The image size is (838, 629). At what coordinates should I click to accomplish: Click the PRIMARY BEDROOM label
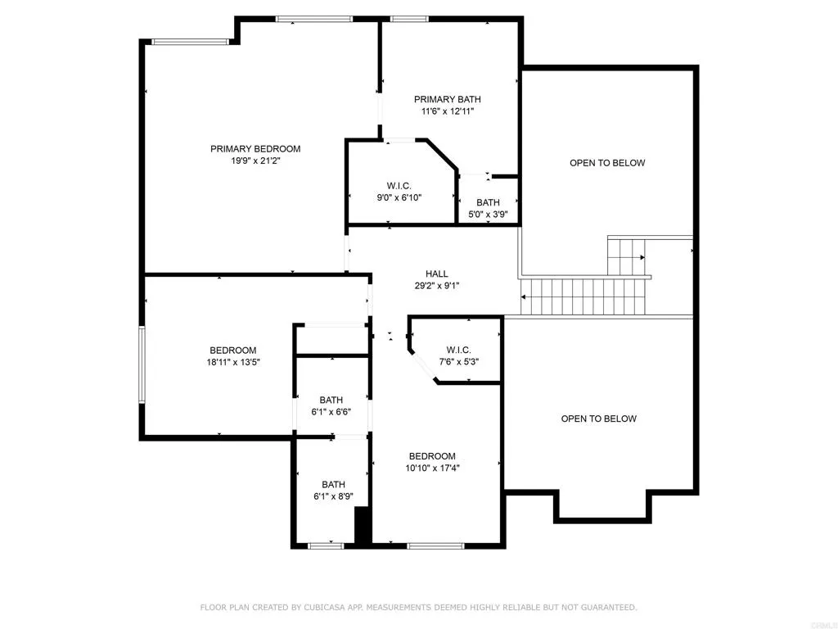click(x=255, y=149)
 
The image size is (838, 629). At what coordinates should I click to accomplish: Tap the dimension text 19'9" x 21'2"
click(x=255, y=161)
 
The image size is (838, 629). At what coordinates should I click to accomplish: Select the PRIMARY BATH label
click(x=447, y=100)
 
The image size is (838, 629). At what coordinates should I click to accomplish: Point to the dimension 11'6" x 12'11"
click(x=447, y=112)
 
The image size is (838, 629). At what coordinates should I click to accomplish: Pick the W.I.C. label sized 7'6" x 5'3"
click(x=458, y=350)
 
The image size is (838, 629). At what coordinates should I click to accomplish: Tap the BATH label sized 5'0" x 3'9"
click(x=488, y=203)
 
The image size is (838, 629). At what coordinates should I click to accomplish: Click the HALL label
click(x=436, y=274)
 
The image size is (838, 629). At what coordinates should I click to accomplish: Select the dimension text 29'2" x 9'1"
click(x=436, y=287)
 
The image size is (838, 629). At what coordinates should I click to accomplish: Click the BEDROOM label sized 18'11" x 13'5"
click(x=232, y=350)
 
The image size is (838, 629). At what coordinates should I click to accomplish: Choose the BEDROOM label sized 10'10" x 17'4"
click(x=432, y=456)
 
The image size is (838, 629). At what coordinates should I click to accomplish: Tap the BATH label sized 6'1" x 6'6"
click(x=331, y=400)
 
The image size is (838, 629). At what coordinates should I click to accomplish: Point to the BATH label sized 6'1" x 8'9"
click(x=333, y=484)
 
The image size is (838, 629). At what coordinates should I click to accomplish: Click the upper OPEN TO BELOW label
click(x=607, y=163)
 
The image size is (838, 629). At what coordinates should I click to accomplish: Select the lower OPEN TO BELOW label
click(x=598, y=419)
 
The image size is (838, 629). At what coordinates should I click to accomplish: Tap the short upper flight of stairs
click(x=627, y=256)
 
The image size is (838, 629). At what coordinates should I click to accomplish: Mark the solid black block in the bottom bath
click(x=363, y=526)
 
